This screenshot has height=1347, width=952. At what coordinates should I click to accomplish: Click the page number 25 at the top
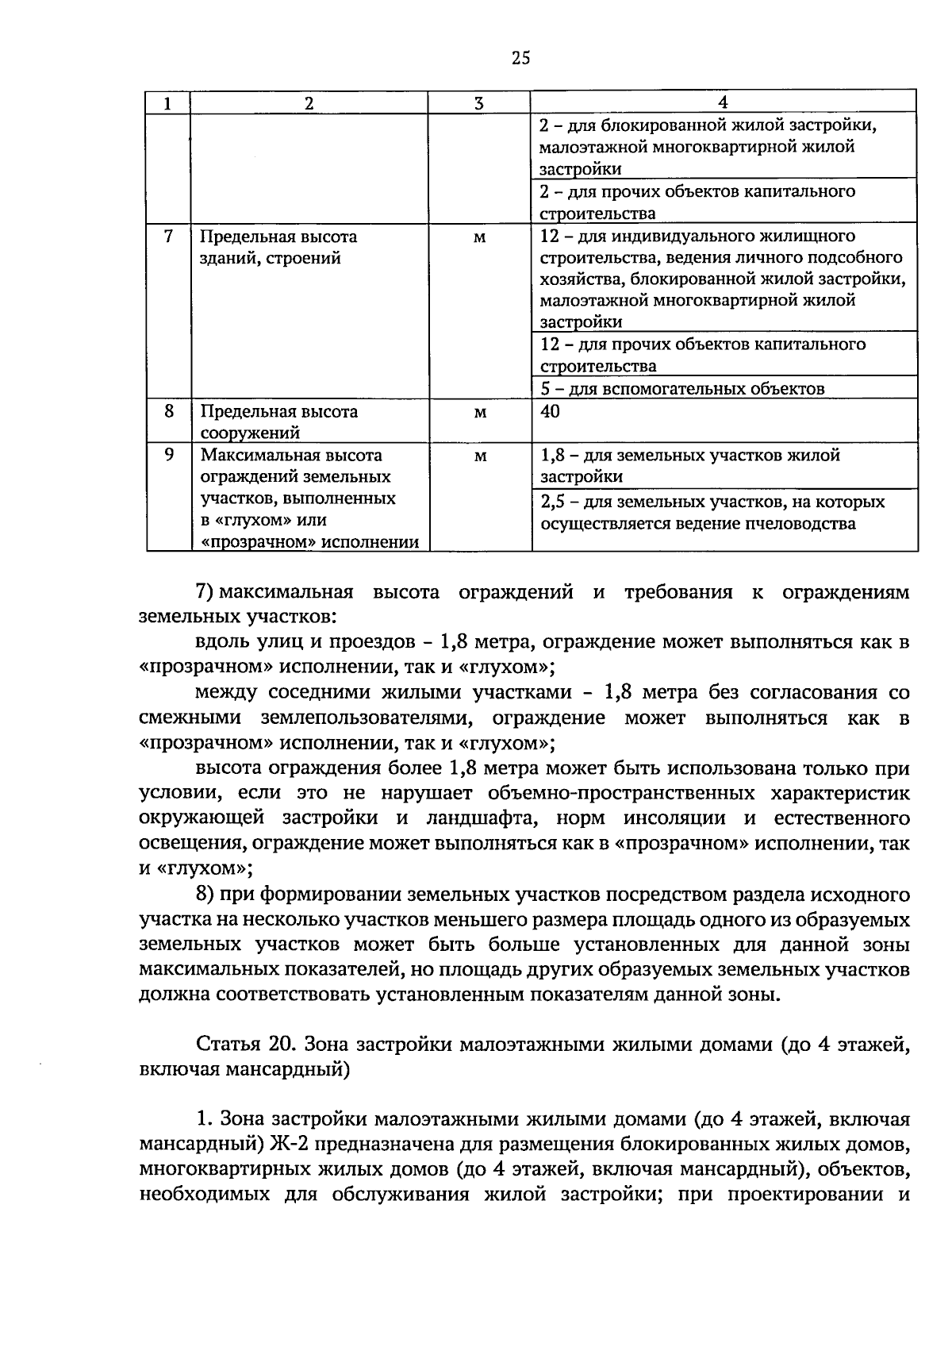pyautogui.click(x=520, y=57)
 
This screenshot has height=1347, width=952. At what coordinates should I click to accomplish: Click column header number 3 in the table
pyautogui.click(x=478, y=103)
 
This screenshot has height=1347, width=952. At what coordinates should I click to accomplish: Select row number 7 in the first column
pyautogui.click(x=168, y=237)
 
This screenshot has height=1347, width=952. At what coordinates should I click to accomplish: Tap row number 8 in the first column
pyautogui.click(x=168, y=411)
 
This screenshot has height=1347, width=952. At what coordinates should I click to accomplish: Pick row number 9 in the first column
pyautogui.click(x=168, y=455)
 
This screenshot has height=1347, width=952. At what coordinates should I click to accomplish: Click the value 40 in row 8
pyautogui.click(x=550, y=411)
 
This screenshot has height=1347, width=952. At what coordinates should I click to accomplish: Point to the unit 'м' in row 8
pyautogui.click(x=479, y=412)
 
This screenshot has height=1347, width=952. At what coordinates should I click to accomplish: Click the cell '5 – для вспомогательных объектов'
pyautogui.click(x=682, y=388)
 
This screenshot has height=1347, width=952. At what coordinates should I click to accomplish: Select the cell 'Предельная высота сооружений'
pyautogui.click(x=278, y=421)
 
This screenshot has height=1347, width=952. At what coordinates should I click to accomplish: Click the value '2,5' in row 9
pyautogui.click(x=551, y=502)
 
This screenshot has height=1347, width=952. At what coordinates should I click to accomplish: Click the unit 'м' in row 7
pyautogui.click(x=479, y=237)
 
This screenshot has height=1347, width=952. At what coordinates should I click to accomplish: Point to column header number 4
pyautogui.click(x=723, y=102)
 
